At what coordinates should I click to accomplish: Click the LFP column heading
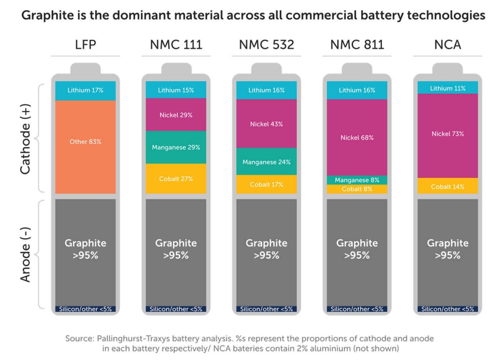(85, 44)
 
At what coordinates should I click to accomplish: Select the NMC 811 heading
(357, 44)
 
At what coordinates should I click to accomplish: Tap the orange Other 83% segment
(85, 147)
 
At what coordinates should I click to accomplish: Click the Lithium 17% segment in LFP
(85, 91)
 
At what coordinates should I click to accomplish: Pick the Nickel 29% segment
(176, 115)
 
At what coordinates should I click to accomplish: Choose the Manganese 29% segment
(176, 147)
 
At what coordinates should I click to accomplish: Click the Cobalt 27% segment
(176, 179)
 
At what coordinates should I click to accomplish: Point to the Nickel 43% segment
(266, 123)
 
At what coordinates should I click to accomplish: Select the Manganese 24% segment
(266, 162)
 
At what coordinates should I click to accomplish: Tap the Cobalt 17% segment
(266, 184)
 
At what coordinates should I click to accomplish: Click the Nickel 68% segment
(357, 138)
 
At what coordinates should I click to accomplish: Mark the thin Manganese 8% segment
(357, 180)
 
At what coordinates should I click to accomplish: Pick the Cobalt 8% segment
(357, 189)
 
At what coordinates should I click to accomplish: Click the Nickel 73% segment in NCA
(448, 136)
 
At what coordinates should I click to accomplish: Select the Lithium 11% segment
(448, 87)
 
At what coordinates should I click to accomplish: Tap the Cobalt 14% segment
(448, 185)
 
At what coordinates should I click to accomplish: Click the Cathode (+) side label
(25, 139)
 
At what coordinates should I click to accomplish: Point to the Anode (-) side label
(25, 254)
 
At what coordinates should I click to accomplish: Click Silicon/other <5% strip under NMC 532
(266, 309)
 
